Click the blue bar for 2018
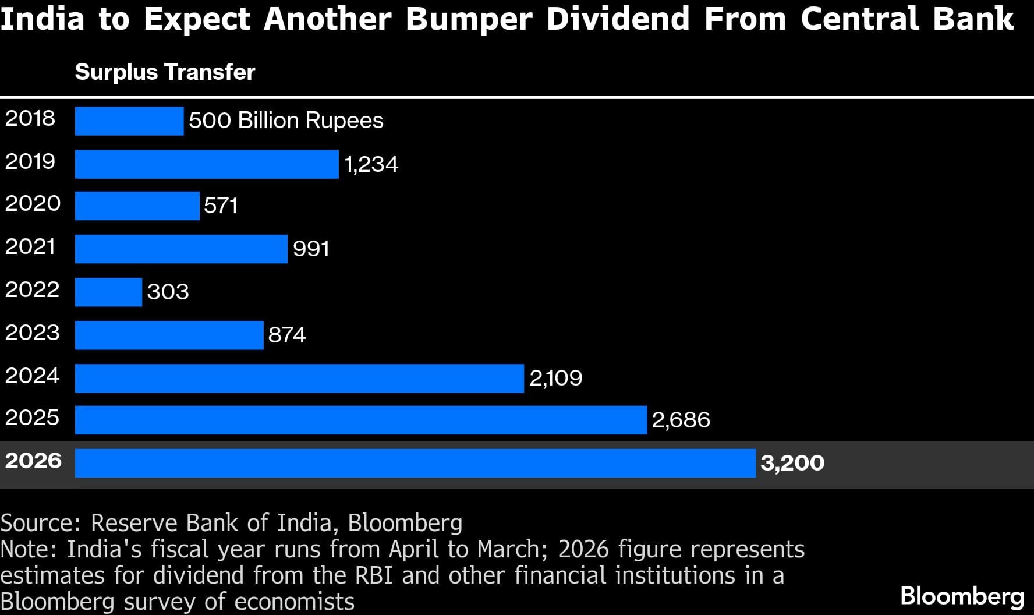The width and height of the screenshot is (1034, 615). (129, 121)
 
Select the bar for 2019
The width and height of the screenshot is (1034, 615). (207, 164)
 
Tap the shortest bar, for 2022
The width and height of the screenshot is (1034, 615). (108, 292)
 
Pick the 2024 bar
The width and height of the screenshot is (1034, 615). (299, 378)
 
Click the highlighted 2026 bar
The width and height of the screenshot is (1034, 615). (415, 463)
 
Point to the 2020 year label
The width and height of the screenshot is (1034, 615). (33, 204)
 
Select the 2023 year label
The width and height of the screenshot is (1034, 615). (33, 333)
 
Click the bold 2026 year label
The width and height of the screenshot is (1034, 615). (33, 461)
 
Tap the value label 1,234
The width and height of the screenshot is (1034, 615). (371, 165)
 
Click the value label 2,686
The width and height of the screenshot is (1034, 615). (681, 420)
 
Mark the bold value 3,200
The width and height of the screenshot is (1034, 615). (792, 463)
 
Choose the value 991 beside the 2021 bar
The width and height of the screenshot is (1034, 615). (311, 249)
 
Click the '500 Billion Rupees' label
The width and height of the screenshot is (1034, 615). (286, 121)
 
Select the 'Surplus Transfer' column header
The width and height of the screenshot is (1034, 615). (165, 72)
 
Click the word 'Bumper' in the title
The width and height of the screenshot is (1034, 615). (469, 19)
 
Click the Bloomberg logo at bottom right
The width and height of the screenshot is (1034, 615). (962, 597)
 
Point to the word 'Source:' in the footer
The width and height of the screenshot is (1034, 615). (40, 523)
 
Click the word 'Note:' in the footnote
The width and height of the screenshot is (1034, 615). (29, 549)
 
